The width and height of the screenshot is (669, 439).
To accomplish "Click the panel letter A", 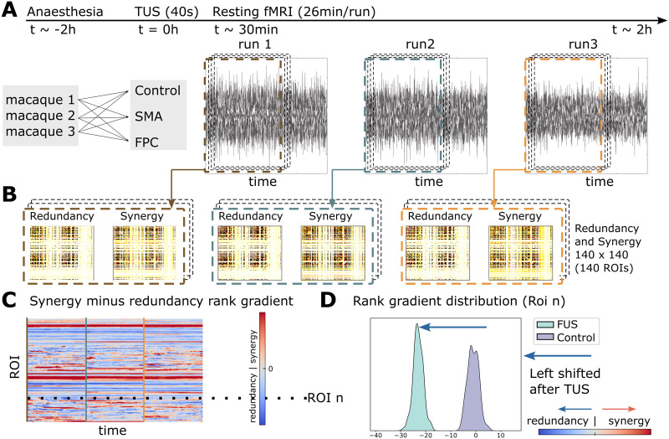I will [x=10, y=13].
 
